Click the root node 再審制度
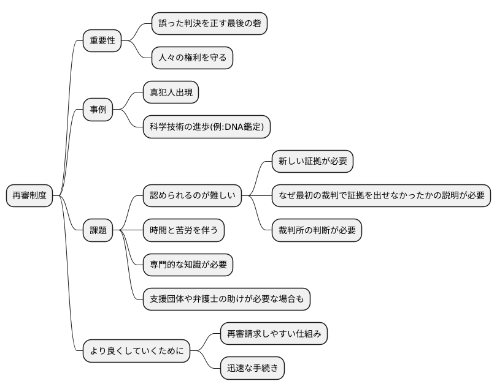[x=29, y=196]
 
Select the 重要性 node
[x=102, y=41]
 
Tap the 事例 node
[x=98, y=110]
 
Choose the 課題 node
[x=98, y=230]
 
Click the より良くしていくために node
[x=136, y=352]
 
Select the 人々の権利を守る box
[x=192, y=58]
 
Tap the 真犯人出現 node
[x=171, y=92]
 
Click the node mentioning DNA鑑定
[x=206, y=127]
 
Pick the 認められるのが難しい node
[x=192, y=196]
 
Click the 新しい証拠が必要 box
[x=313, y=161]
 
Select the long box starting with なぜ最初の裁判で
[x=381, y=196]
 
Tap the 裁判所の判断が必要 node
[x=317, y=230]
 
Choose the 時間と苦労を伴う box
[x=183, y=230]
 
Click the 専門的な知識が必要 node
[x=188, y=265]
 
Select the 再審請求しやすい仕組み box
[x=274, y=334]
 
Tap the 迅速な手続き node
[x=252, y=368]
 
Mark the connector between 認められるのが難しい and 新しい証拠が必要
[x=258, y=178]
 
